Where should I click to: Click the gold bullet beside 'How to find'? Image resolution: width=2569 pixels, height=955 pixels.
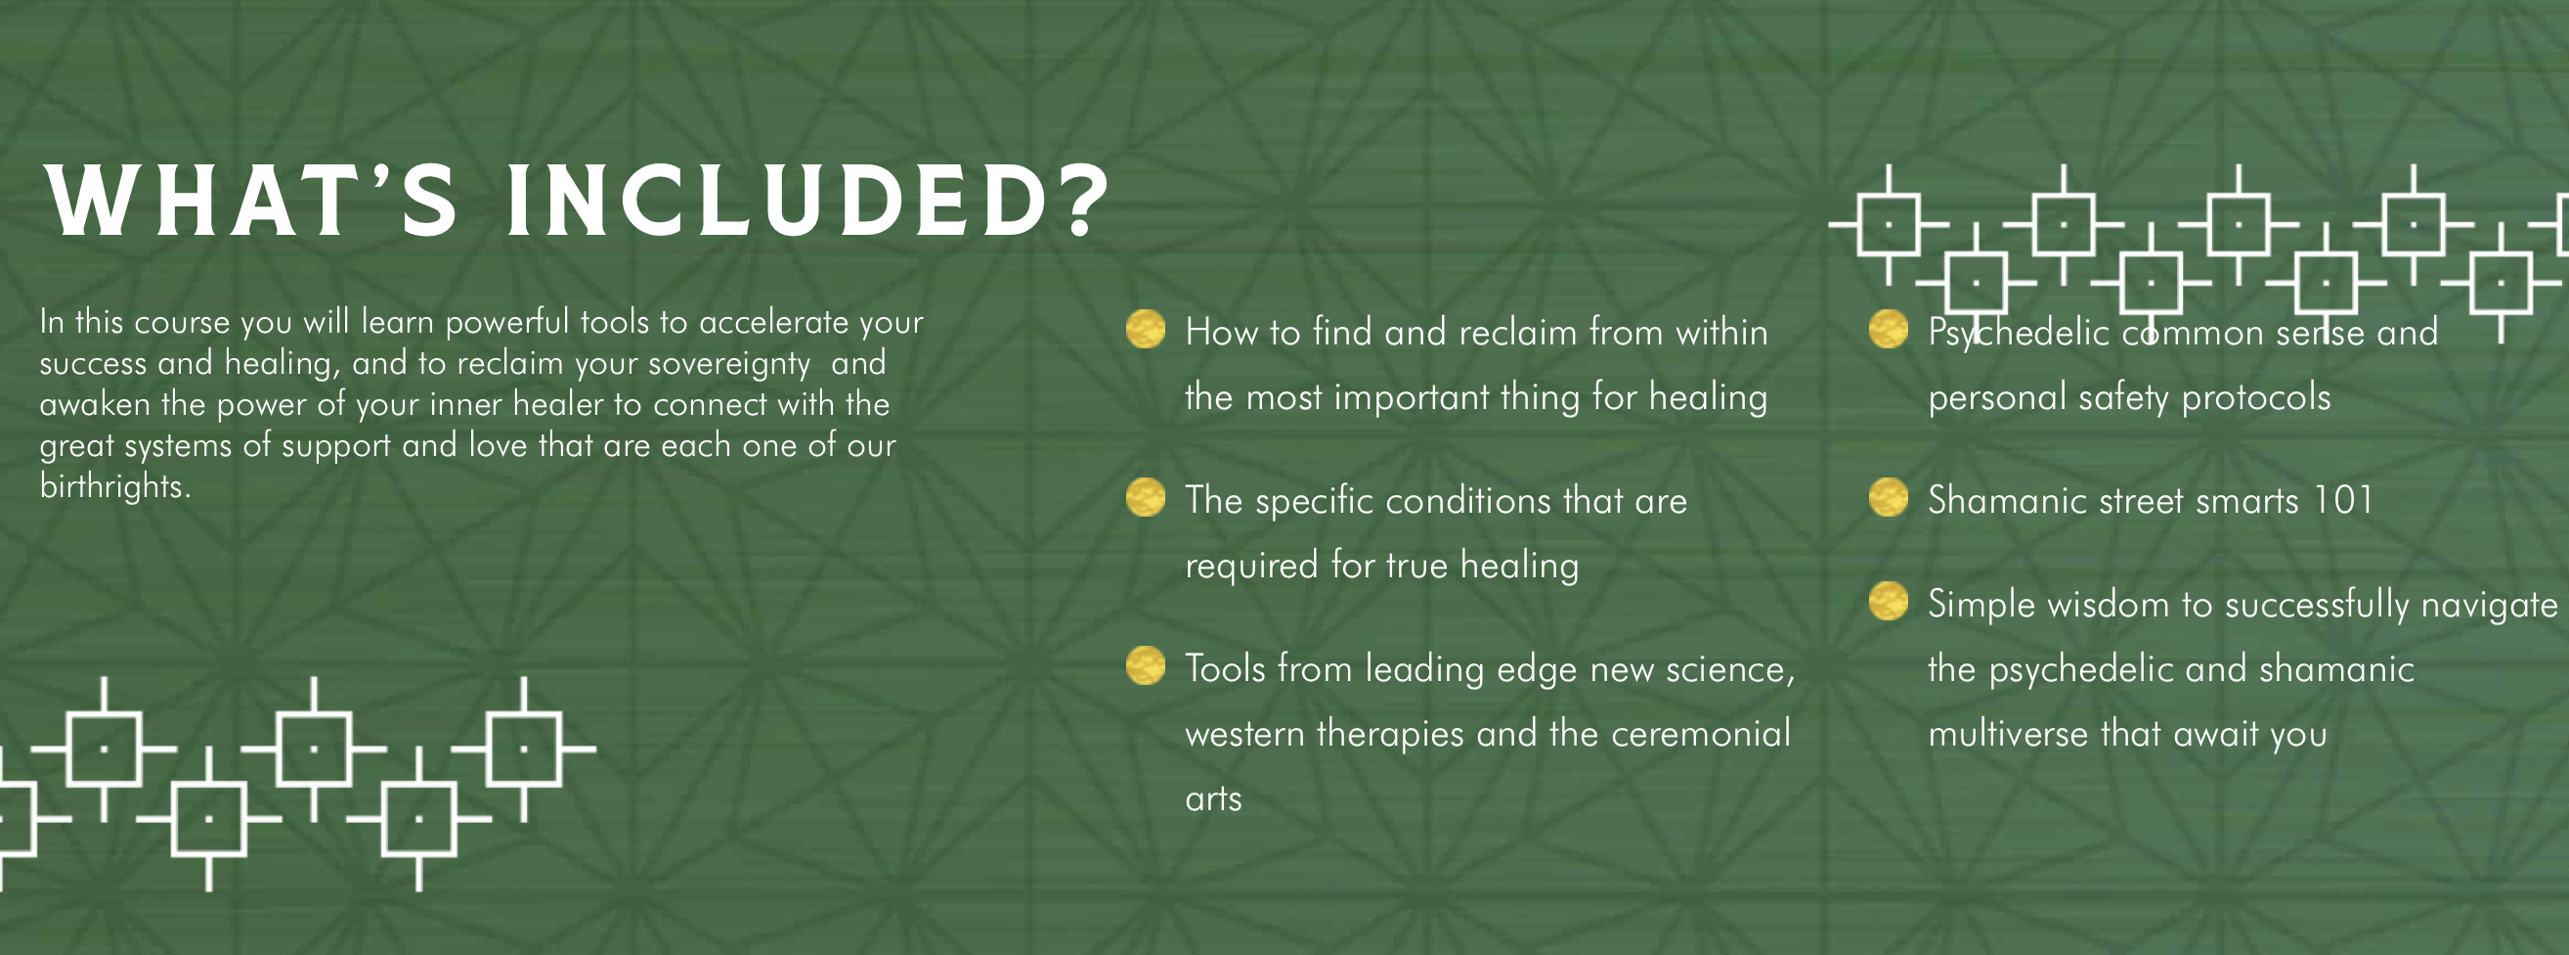pos(1145,330)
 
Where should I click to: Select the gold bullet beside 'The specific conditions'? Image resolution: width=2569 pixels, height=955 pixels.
pos(1145,497)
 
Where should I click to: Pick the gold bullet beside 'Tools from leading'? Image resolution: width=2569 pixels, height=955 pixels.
pos(1145,665)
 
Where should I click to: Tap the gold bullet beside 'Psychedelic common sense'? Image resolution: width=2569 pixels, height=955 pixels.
pos(1888,330)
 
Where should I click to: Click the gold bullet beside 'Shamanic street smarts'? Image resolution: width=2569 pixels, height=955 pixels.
pos(1888,497)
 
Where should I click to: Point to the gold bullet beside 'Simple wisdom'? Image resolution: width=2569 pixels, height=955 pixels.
pos(1888,601)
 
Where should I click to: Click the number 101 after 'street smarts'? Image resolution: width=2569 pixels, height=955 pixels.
pos(2342,499)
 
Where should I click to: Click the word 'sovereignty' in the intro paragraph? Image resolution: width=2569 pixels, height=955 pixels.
pos(729,364)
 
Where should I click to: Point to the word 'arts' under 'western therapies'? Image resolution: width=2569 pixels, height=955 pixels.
pos(1213,799)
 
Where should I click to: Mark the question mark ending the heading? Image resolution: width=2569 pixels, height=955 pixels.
pos(1087,202)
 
